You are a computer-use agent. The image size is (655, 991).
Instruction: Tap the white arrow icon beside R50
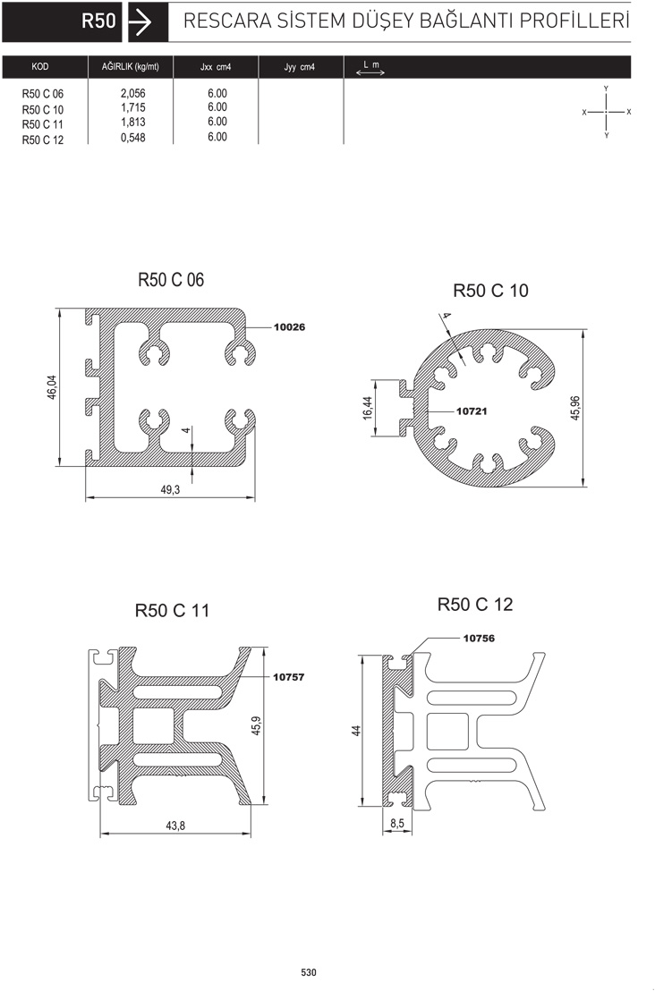click(140, 22)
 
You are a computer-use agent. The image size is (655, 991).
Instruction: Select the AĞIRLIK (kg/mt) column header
click(131, 66)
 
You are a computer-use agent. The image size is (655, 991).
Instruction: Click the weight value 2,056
click(132, 93)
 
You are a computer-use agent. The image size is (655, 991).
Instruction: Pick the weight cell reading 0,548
click(132, 137)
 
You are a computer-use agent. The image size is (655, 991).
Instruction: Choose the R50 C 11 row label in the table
click(43, 124)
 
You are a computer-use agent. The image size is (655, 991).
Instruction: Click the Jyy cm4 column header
click(299, 67)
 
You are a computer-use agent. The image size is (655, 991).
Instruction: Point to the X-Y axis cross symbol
click(607, 112)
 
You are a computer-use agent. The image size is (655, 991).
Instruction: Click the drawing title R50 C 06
click(171, 279)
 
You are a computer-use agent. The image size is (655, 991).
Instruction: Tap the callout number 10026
click(289, 326)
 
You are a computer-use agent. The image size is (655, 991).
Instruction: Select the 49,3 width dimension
click(170, 489)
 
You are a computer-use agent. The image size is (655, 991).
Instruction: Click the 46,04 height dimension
click(52, 386)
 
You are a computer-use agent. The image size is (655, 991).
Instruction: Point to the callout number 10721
click(472, 411)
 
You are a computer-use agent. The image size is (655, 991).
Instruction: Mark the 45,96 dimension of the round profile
click(575, 408)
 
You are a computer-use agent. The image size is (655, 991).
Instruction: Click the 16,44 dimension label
click(368, 408)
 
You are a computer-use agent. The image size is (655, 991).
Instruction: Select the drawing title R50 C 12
click(475, 605)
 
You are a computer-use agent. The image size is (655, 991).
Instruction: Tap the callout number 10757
click(288, 677)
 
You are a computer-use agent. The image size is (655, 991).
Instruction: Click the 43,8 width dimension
click(175, 826)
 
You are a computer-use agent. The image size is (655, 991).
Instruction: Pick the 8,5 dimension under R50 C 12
click(397, 824)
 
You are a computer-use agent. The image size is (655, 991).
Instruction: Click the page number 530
click(309, 972)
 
